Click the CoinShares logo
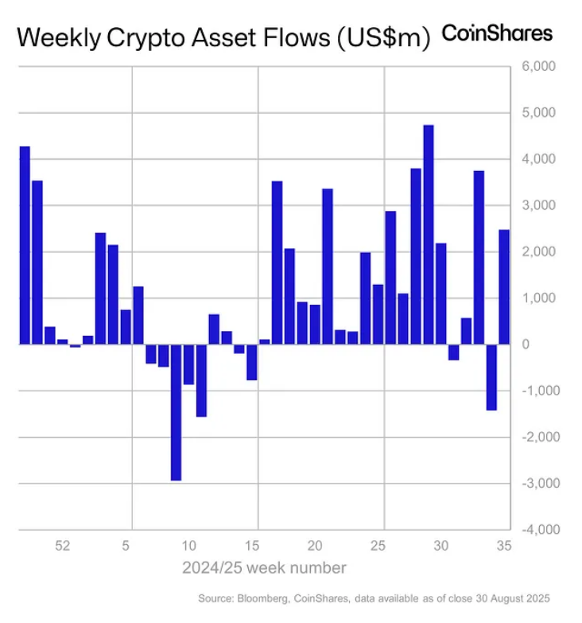tap(496, 33)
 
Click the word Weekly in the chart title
tap(60, 37)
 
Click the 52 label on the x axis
tap(63, 547)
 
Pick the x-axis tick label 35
tap(503, 547)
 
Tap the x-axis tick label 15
tap(252, 547)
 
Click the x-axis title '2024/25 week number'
tap(265, 568)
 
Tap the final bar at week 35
tap(504, 287)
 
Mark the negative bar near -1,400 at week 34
tap(491, 377)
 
